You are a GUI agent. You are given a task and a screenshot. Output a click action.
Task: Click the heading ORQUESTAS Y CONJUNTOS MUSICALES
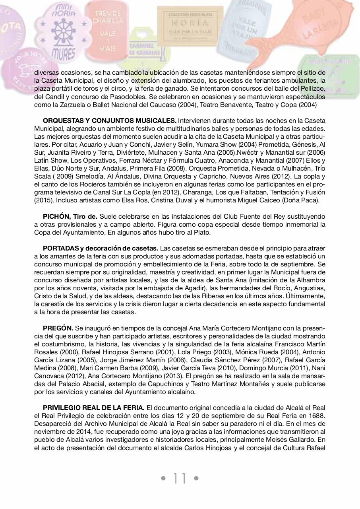[109, 120]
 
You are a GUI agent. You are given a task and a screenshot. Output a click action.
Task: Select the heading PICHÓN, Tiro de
[70, 216]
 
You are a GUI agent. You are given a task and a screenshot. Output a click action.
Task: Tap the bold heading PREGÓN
[58, 328]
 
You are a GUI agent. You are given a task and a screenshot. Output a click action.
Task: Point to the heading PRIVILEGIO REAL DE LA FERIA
[93, 408]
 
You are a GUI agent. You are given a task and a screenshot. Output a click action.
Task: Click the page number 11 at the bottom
[180, 478]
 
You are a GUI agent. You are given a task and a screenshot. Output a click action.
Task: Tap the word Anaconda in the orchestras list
[246, 160]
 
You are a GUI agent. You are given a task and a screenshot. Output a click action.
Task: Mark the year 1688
[317, 416]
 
